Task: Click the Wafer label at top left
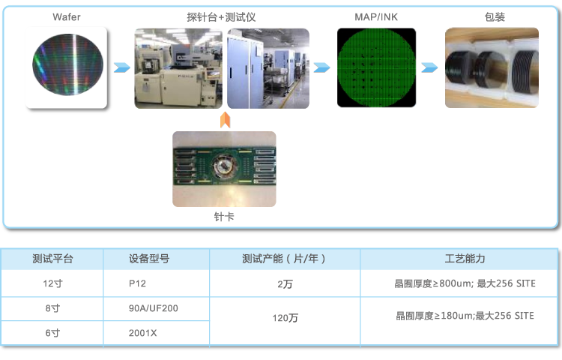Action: [x=67, y=17]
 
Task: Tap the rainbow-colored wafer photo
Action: [x=66, y=68]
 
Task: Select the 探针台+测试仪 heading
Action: [x=221, y=17]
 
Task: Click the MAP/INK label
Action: [x=376, y=17]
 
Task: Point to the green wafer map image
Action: [x=376, y=67]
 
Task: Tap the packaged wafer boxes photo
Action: [x=492, y=67]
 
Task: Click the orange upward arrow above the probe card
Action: [x=225, y=120]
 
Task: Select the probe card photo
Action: [x=224, y=169]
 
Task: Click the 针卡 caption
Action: [x=224, y=217]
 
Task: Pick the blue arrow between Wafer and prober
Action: [x=122, y=67]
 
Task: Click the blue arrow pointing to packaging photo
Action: [x=429, y=67]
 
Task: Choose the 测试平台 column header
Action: [x=52, y=259]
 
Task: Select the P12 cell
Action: [x=137, y=283]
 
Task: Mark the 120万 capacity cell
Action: [x=285, y=318]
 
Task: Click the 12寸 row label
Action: [x=52, y=283]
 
